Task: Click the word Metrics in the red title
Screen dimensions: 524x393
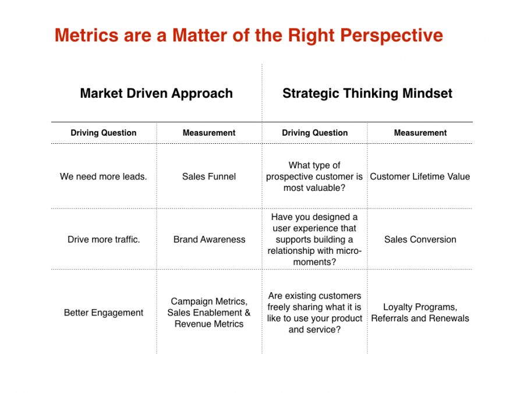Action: pos(86,35)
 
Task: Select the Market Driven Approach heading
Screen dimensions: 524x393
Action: pos(157,94)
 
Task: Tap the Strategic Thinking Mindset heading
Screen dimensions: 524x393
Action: pos(367,94)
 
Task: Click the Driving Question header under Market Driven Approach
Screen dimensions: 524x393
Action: pos(104,133)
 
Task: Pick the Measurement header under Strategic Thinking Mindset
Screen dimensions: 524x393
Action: pos(420,133)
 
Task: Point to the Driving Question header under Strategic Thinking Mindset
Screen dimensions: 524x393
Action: pos(315,133)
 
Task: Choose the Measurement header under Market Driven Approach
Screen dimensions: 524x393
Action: pos(209,133)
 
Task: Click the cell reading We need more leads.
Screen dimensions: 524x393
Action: pos(103,176)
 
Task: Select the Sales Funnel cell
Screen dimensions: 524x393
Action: pos(209,176)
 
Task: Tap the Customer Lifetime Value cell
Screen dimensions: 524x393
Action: pos(420,176)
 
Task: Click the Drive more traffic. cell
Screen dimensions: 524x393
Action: pos(104,239)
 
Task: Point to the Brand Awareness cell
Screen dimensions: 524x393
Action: pos(209,239)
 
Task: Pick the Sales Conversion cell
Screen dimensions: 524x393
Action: pos(420,239)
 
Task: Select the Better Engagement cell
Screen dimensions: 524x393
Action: pos(104,313)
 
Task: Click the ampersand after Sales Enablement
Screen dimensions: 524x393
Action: pos(247,313)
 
